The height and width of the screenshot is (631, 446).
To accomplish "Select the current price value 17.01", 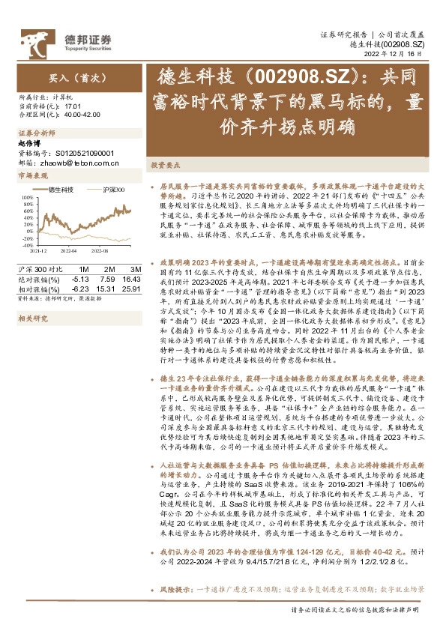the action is tap(72, 106).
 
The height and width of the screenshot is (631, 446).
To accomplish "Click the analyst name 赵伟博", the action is tap(31, 142).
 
